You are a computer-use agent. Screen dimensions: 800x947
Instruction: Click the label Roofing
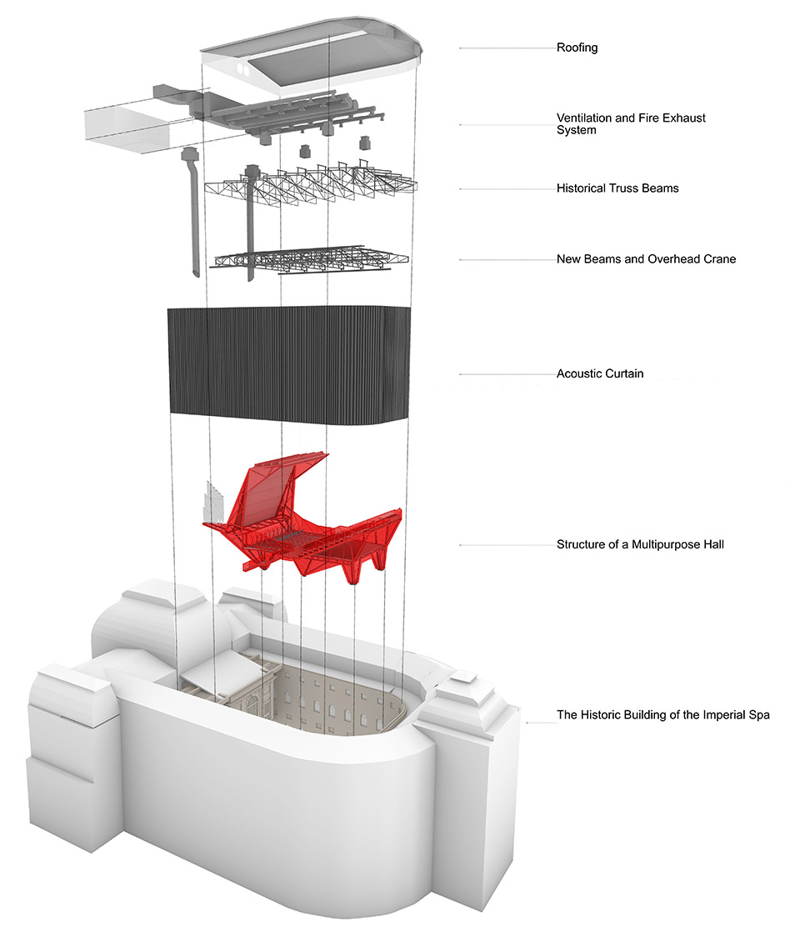point(577,48)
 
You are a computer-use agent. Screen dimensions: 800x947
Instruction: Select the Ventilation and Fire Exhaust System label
point(631,124)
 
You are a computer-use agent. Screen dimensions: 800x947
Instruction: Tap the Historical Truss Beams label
point(617,188)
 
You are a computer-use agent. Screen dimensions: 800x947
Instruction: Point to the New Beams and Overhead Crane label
point(646,259)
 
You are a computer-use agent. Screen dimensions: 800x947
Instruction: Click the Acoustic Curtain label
point(599,373)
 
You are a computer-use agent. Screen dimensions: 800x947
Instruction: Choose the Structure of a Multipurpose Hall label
point(640,544)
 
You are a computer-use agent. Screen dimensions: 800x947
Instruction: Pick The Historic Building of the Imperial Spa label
point(663,715)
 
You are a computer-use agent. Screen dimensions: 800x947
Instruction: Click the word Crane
point(720,259)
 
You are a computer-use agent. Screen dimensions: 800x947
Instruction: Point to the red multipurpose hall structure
point(302,519)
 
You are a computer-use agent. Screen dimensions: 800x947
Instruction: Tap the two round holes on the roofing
point(244,69)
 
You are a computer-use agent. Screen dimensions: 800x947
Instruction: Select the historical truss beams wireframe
point(311,180)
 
